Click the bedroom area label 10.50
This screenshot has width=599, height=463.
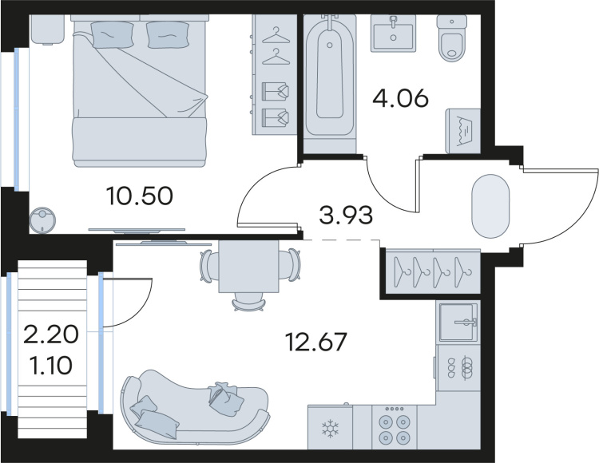click(141, 196)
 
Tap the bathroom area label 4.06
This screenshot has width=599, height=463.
click(400, 98)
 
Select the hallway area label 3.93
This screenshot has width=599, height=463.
click(346, 215)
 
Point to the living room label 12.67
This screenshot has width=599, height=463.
click(316, 341)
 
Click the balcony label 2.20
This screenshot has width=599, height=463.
click(51, 335)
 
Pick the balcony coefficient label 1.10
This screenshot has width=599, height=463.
click(51, 365)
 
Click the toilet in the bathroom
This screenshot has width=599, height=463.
click(452, 38)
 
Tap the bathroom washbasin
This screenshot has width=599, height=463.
click(393, 33)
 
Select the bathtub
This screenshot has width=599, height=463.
click(330, 77)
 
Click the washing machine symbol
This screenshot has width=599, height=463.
click(463, 131)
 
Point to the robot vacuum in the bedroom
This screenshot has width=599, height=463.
click(43, 220)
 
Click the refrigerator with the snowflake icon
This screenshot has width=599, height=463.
click(330, 427)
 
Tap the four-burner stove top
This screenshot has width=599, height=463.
click(395, 427)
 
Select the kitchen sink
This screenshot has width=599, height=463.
click(458, 322)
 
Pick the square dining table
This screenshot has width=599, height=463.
click(248, 267)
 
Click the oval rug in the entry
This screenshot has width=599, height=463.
click(491, 206)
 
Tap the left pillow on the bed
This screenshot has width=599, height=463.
click(113, 34)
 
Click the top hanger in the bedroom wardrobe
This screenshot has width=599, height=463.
click(276, 35)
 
